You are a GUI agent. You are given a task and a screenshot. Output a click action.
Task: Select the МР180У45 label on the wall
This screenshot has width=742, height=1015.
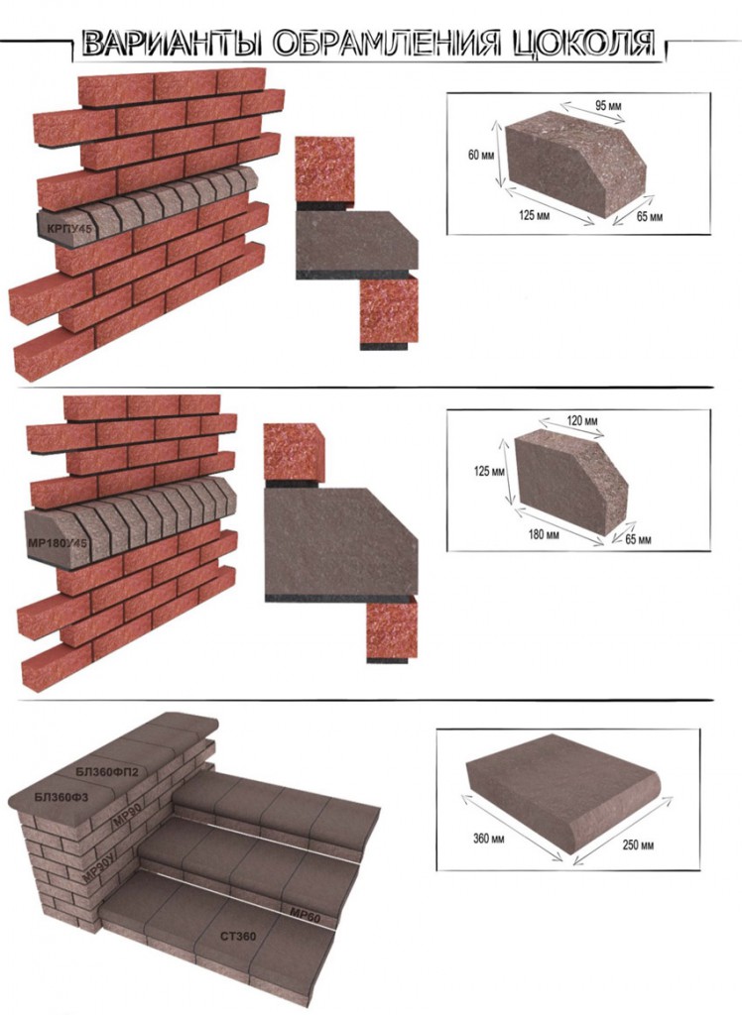[59, 541]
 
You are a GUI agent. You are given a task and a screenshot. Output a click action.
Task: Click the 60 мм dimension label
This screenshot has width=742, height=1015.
[481, 156]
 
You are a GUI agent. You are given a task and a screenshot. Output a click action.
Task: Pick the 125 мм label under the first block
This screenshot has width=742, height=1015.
[534, 215]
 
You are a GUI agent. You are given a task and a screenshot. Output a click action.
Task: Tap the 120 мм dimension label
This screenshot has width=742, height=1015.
[582, 421]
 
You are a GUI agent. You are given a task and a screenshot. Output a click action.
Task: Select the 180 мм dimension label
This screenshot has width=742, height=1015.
[543, 534]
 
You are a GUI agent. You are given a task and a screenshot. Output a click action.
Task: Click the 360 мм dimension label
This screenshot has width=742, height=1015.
[489, 839]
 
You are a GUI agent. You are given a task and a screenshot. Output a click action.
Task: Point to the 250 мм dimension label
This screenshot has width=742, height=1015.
[638, 846]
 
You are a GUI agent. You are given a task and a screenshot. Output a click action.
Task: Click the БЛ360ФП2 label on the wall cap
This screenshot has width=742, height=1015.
[107, 771]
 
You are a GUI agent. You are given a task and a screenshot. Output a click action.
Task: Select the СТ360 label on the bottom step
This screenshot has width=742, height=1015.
[238, 936]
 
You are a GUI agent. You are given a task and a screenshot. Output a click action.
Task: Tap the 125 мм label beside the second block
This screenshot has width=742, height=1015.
[489, 472]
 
